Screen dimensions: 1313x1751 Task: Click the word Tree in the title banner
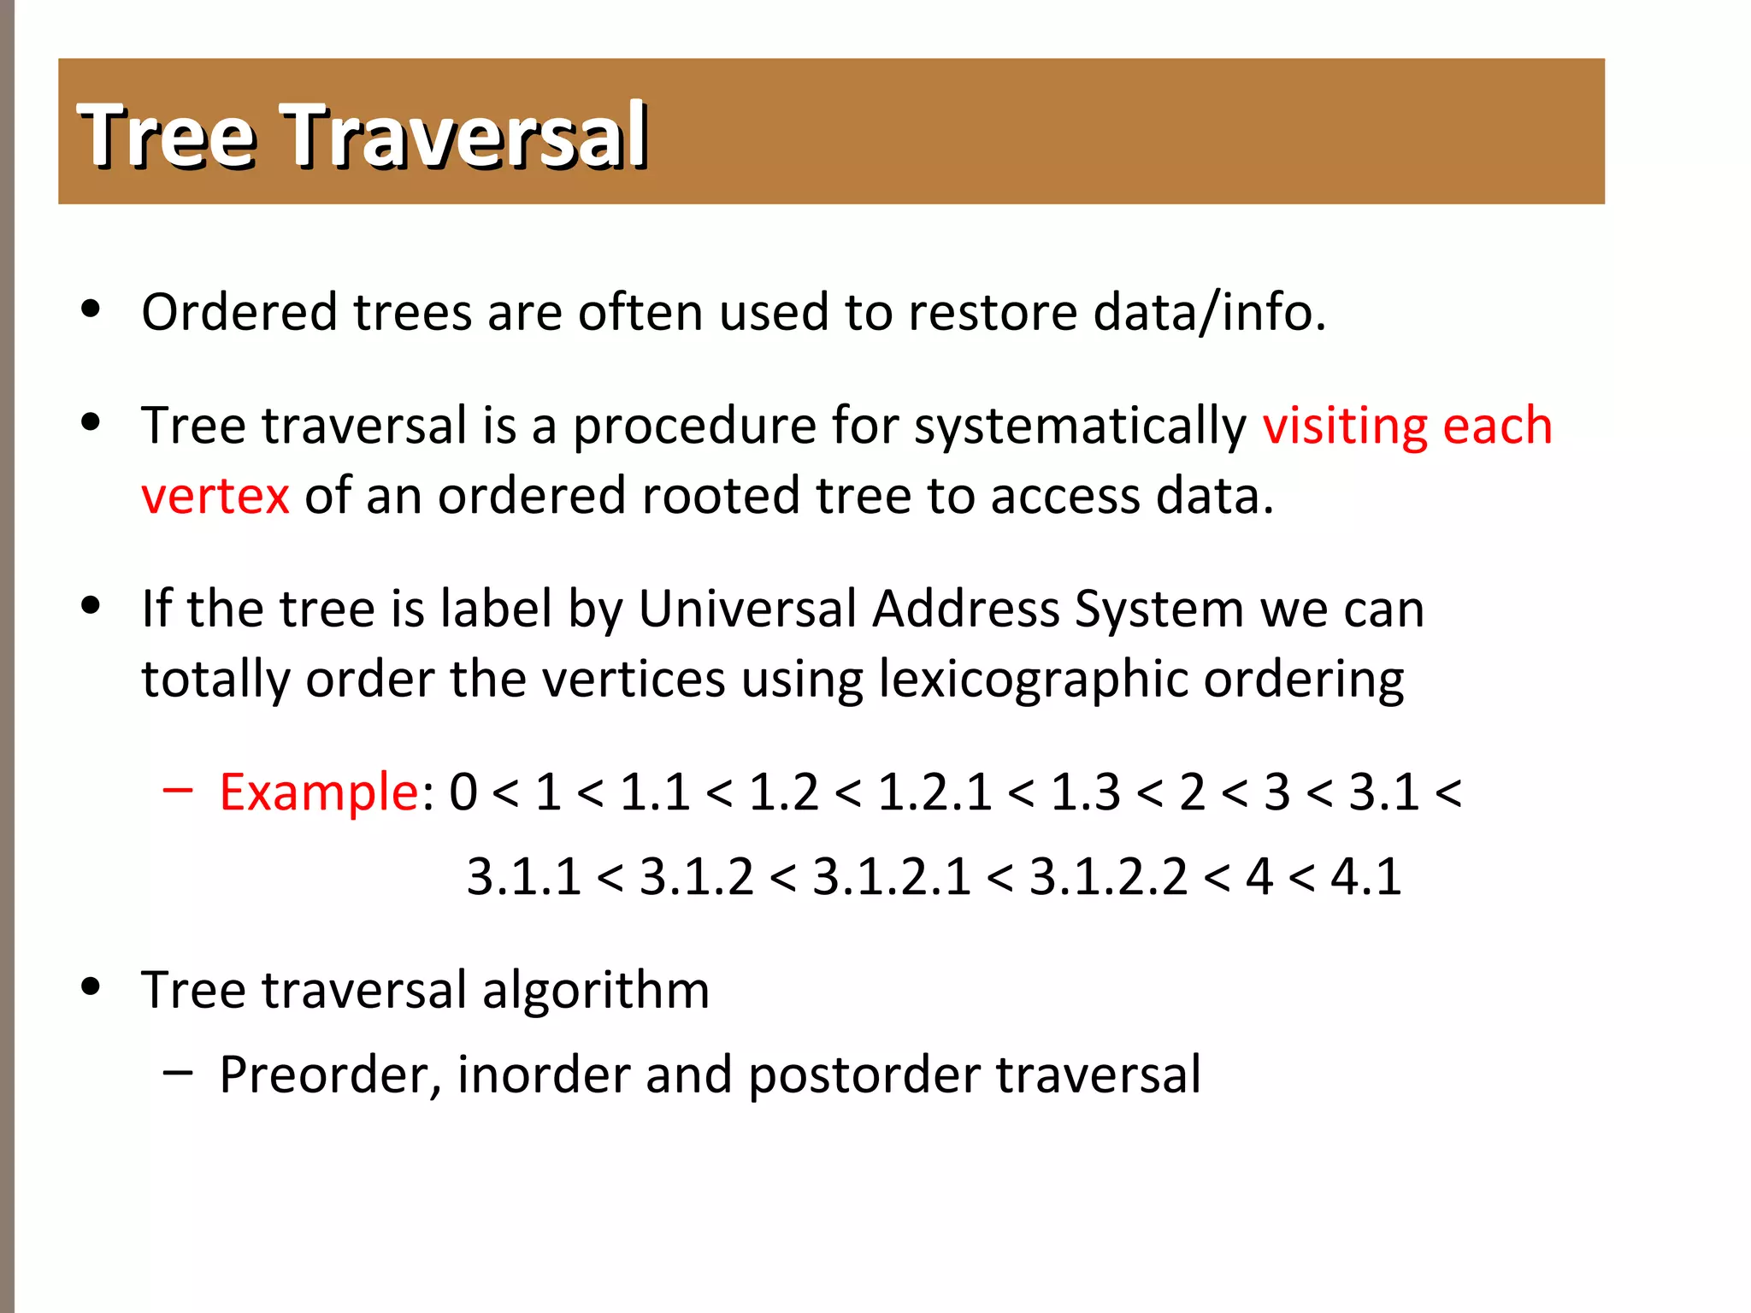[168, 135]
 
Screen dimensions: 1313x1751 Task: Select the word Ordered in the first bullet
[239, 312]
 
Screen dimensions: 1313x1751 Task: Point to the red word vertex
[215, 496]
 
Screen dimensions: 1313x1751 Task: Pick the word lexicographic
[1033, 680]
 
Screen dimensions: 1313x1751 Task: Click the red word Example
[318, 792]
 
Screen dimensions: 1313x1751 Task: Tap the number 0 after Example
[463, 792]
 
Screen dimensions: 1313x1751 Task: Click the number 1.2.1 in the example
[934, 792]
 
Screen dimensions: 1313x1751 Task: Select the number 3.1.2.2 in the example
[1108, 877]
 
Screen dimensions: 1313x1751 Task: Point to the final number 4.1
[1365, 877]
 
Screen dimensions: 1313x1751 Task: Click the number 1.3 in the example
[1085, 792]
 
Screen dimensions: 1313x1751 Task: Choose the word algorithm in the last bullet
[596, 990]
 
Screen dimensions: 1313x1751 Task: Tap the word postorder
[864, 1075]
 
